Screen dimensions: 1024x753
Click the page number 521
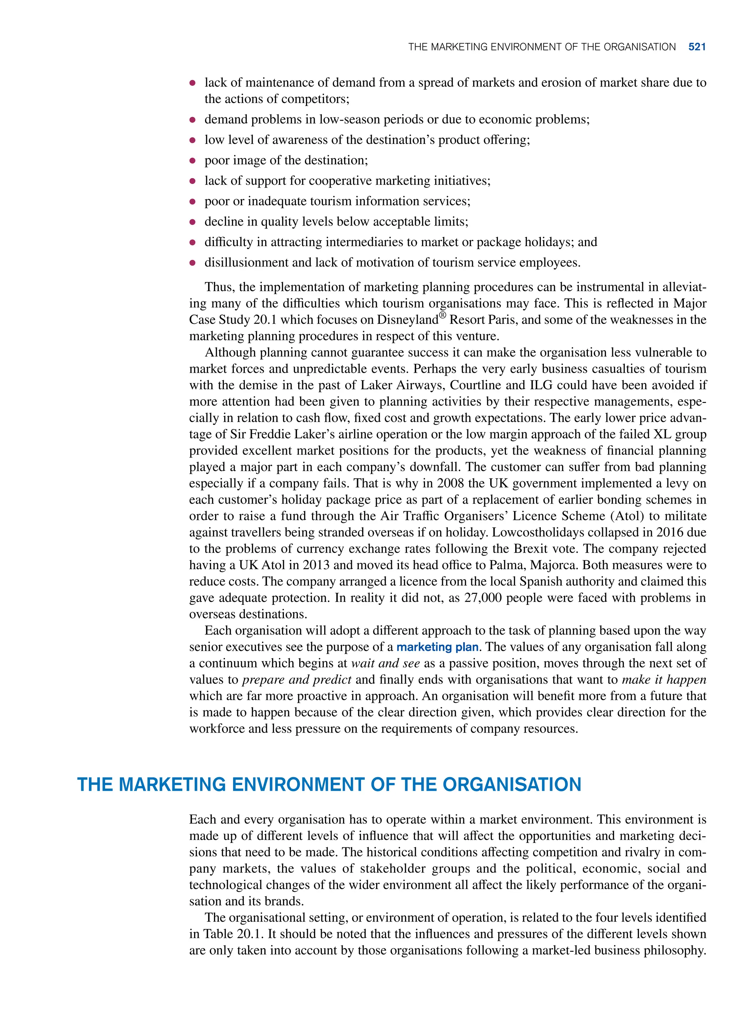coord(697,47)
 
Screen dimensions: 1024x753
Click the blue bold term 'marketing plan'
coord(437,647)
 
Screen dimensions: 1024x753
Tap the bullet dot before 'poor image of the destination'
coord(192,160)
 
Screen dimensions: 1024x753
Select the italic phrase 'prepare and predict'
coord(297,680)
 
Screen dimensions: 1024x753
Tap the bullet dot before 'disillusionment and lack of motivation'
coord(192,263)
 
